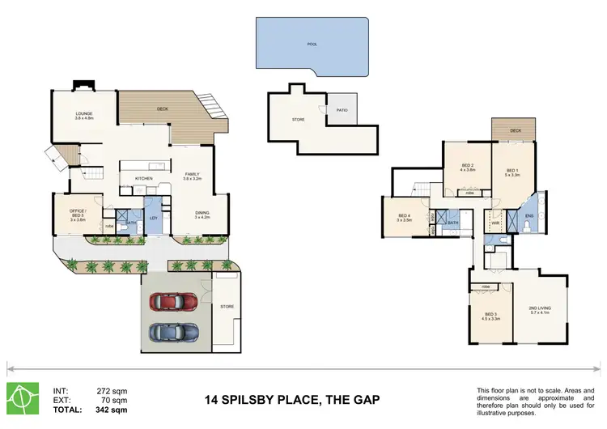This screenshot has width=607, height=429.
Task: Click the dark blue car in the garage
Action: (172, 333)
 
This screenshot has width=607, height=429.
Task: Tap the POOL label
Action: (312, 45)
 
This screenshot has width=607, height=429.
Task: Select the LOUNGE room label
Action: (84, 114)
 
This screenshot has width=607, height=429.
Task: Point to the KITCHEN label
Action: (144, 178)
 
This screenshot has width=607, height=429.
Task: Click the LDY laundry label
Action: (153, 218)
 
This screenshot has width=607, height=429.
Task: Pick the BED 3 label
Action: (490, 315)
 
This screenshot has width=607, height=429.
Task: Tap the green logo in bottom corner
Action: (23, 397)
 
